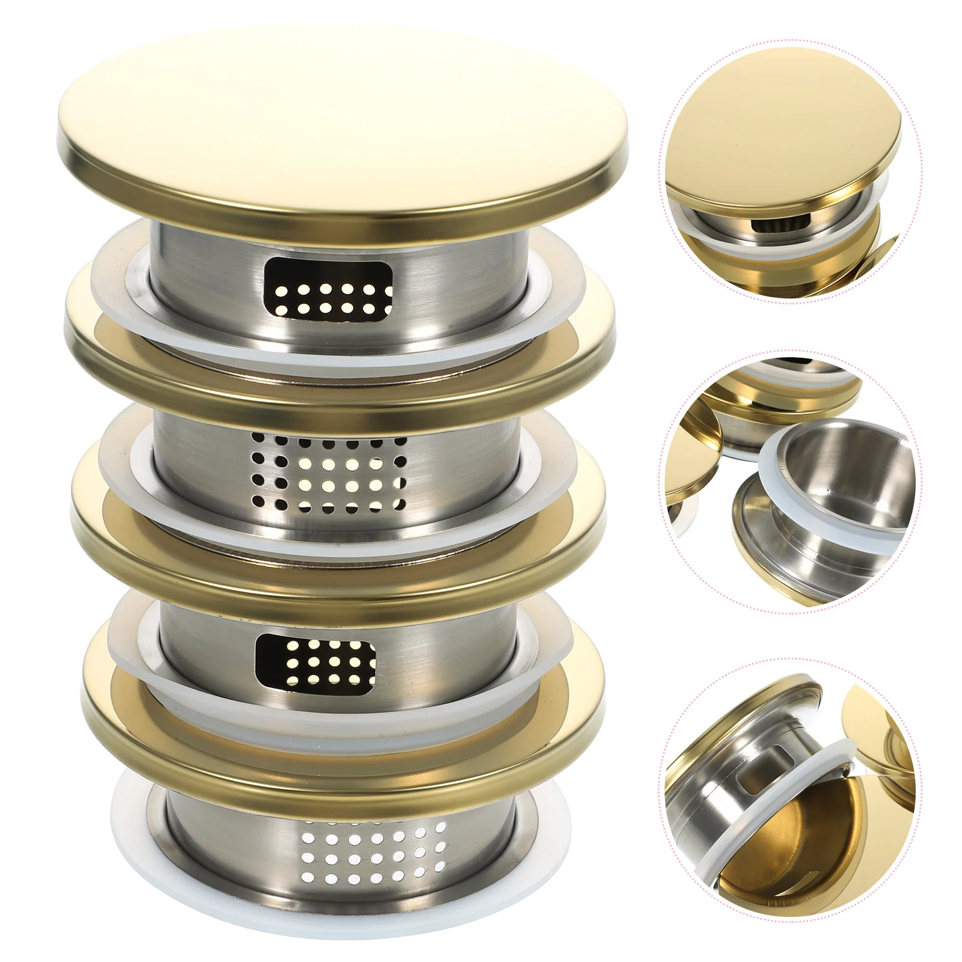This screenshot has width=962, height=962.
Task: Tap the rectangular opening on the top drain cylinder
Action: (x=328, y=287)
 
